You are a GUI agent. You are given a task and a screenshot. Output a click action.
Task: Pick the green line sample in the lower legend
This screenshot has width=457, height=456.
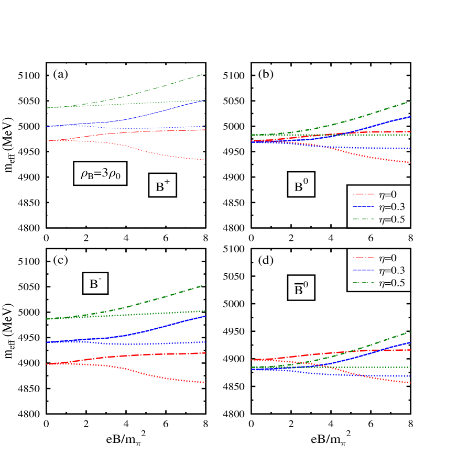click(364, 283)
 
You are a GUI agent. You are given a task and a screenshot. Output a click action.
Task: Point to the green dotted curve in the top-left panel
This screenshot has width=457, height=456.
click(157, 102)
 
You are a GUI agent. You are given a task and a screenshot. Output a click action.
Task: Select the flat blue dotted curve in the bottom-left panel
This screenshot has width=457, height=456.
click(157, 344)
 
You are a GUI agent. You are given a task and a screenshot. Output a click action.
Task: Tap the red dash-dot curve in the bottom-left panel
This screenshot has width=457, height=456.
click(157, 354)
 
